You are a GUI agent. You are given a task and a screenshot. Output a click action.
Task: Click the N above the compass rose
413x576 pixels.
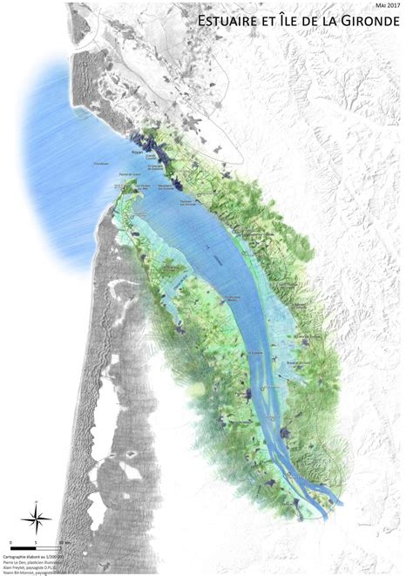tap(36, 503)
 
